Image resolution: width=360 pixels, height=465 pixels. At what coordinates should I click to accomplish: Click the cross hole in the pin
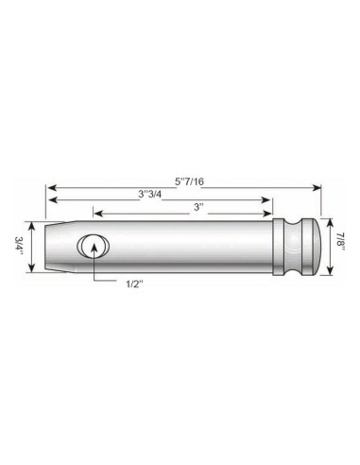point(94,248)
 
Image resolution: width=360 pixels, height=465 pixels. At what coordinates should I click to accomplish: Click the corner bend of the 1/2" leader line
point(94,282)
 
